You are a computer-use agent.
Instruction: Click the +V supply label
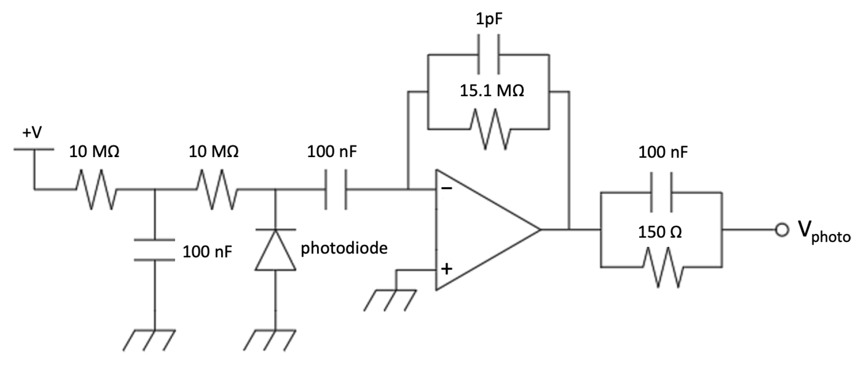32,133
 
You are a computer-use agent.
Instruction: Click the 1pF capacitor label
489,20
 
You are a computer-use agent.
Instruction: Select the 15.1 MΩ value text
492,91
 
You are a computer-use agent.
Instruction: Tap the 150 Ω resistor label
660,232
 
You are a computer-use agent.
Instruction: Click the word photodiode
344,249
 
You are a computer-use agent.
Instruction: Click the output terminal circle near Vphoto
782,230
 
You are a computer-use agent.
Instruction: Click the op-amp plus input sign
446,269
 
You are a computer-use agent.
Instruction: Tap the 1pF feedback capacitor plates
489,54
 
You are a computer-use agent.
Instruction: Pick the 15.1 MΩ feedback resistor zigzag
490,129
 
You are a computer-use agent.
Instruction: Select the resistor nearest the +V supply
96,190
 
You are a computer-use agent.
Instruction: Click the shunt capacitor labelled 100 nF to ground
155,250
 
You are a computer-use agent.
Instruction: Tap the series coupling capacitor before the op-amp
336,190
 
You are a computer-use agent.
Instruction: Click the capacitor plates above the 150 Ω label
661,193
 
